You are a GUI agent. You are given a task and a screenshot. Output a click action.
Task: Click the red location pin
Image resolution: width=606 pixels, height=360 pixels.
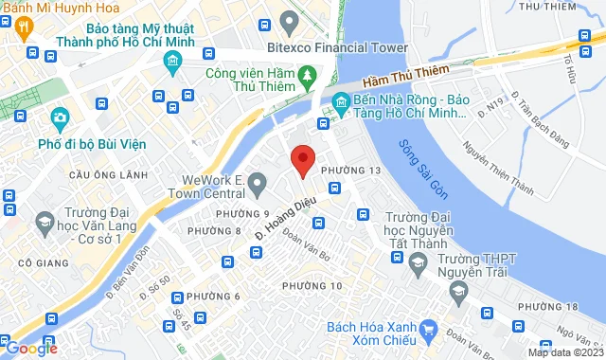302,162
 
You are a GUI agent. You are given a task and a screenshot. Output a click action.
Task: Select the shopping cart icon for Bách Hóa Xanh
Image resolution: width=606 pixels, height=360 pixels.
430,330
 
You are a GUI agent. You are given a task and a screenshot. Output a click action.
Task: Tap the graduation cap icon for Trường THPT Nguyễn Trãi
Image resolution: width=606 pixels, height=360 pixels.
458,290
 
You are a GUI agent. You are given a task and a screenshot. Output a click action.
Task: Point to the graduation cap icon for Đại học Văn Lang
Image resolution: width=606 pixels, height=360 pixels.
44,222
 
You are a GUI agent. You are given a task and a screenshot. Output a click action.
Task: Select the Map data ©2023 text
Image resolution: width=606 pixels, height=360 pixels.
565,352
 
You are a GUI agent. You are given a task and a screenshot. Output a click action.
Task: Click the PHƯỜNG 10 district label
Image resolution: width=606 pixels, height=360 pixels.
312,285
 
